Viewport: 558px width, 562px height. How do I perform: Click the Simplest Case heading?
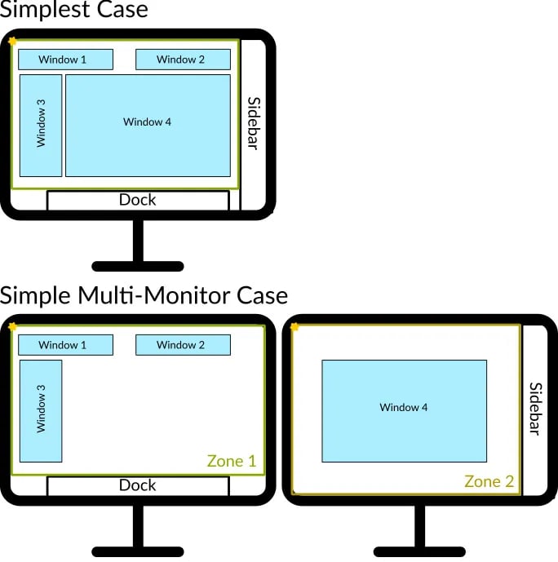(74, 11)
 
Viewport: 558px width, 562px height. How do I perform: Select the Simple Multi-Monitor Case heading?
(144, 294)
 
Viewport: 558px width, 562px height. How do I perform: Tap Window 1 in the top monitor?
(65, 60)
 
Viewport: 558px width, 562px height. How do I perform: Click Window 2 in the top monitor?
(182, 60)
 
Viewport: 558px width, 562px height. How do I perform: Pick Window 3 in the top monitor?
(41, 125)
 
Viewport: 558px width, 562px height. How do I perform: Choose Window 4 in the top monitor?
(148, 125)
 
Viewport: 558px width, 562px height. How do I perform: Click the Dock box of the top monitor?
(138, 200)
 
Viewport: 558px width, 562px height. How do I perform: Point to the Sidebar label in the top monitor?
(253, 123)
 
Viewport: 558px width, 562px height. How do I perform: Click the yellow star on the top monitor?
(12, 41)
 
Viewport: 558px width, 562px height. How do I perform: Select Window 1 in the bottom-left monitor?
(65, 345)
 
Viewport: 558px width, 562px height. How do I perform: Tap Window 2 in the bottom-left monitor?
(182, 345)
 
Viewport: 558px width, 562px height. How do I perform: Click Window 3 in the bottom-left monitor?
(41, 410)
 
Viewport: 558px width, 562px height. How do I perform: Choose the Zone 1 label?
(232, 461)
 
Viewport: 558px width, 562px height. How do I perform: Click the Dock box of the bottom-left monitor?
(138, 485)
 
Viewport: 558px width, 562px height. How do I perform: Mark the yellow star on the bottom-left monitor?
(12, 327)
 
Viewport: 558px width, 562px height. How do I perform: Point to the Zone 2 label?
(489, 481)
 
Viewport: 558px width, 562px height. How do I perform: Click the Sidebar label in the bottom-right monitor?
(535, 409)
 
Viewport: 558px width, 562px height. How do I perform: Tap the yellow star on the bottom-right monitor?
(294, 327)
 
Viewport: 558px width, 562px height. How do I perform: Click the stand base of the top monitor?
(138, 266)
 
